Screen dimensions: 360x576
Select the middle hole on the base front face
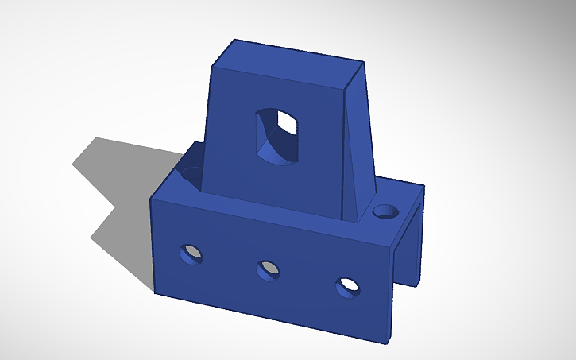coord(269,270)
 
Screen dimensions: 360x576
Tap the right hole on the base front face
coord(346,287)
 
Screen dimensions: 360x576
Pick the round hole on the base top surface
coord(386,211)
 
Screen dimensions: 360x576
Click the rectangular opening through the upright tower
coord(278,137)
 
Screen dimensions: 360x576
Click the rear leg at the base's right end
coord(416,238)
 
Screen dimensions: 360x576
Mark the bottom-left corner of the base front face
coord(155,292)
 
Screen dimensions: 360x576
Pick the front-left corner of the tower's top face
coord(214,65)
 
